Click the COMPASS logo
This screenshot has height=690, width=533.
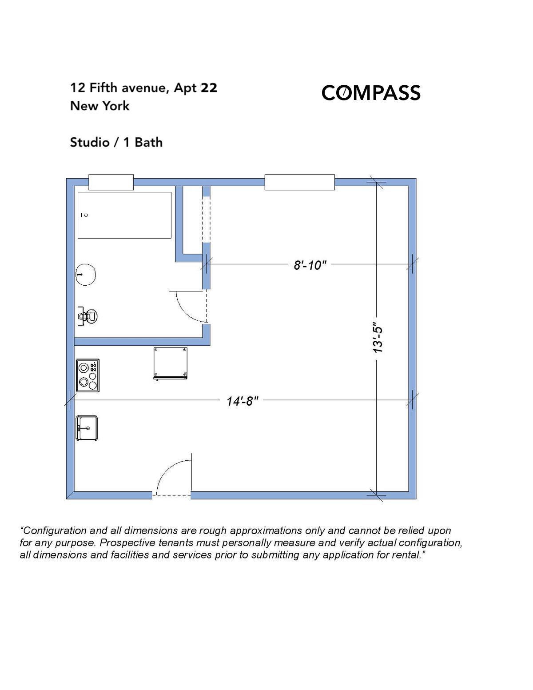(x=370, y=93)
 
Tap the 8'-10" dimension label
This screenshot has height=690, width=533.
(x=310, y=265)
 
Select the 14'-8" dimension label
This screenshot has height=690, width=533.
(x=242, y=401)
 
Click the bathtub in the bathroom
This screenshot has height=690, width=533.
(x=124, y=215)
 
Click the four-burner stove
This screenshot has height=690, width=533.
(x=88, y=375)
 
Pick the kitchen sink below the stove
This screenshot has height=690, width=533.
(x=87, y=428)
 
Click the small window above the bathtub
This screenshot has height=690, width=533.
(x=111, y=182)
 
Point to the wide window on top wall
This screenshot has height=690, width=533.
(x=299, y=182)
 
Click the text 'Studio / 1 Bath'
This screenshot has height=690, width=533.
(x=116, y=143)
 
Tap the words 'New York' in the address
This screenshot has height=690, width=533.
(x=100, y=106)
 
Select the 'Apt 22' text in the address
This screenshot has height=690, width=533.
(x=195, y=88)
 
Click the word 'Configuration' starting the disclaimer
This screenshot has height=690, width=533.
(x=55, y=530)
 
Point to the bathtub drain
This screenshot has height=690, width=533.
(x=86, y=215)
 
